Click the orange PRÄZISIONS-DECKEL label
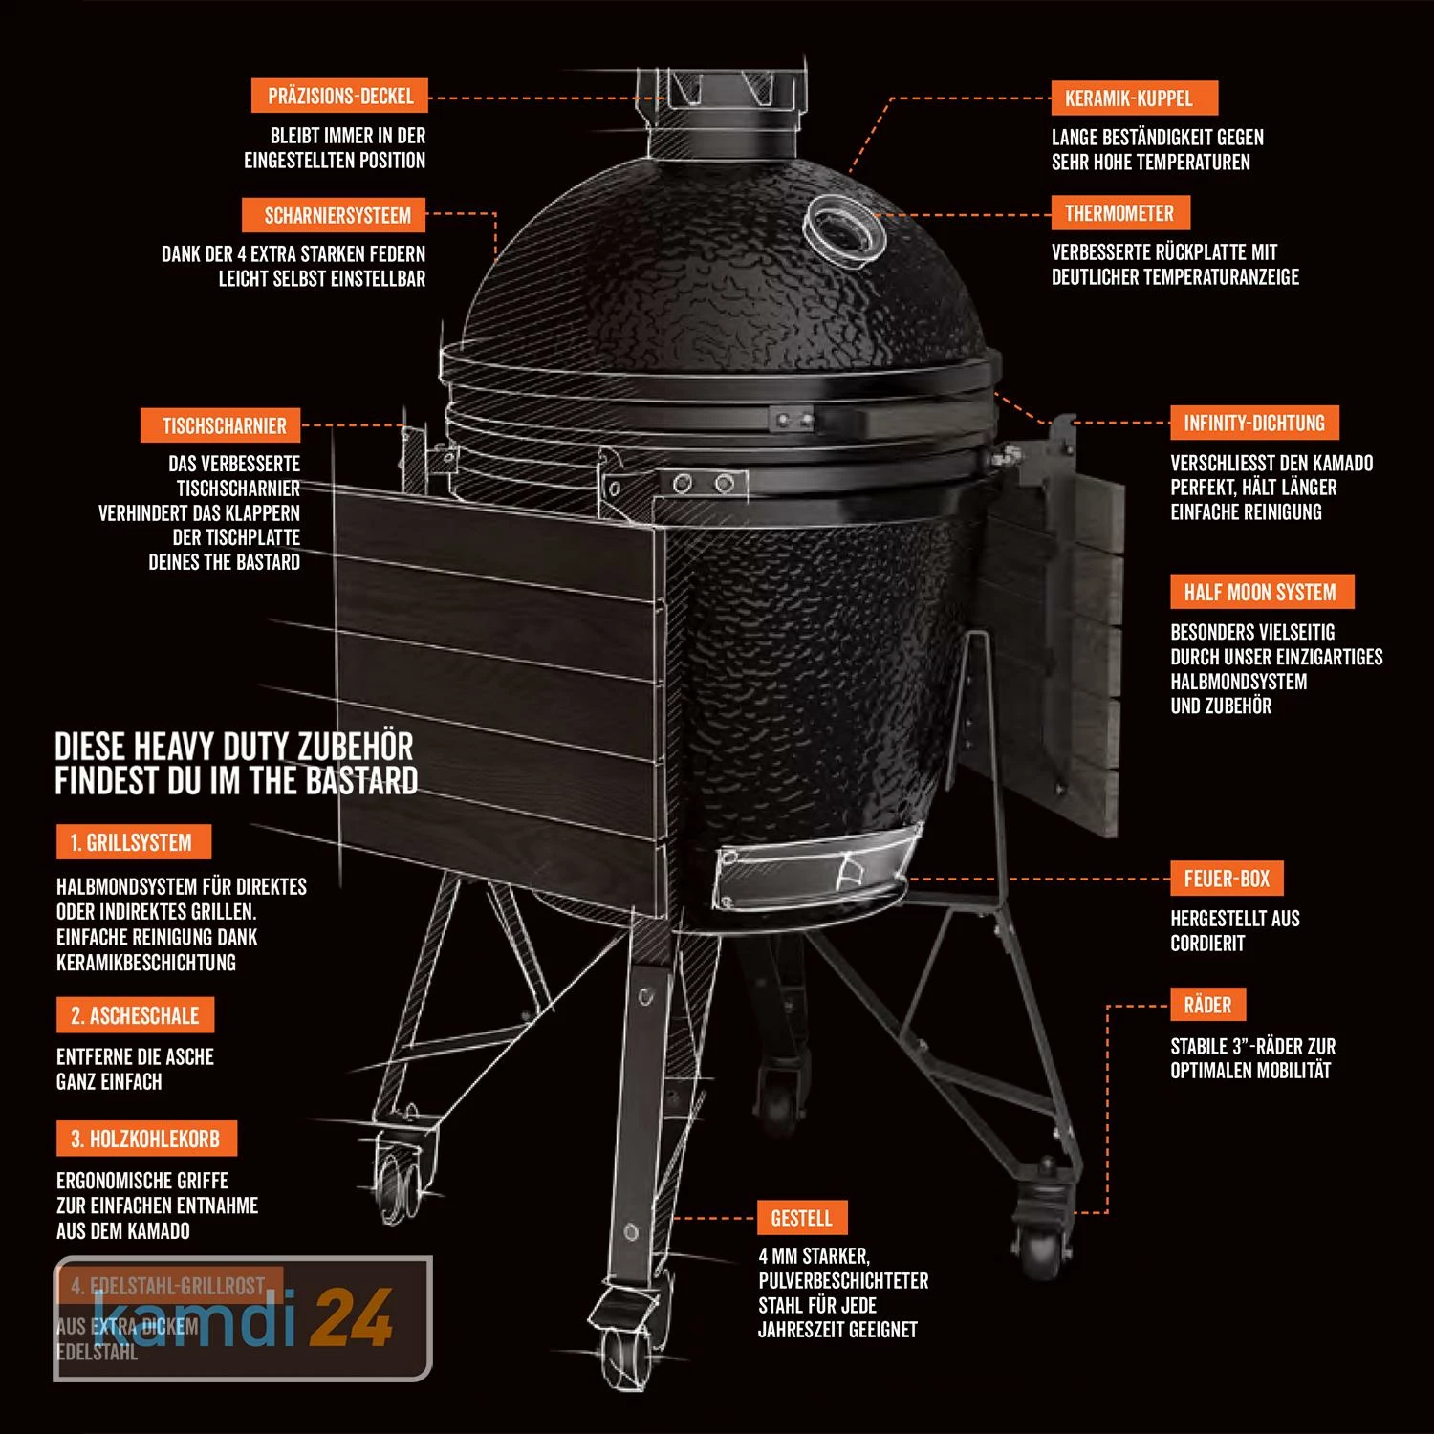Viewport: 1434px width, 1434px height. tap(339, 97)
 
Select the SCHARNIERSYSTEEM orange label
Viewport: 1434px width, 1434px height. tap(337, 216)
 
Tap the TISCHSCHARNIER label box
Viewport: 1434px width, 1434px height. tap(224, 425)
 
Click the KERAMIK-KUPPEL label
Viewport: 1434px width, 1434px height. tap(1128, 98)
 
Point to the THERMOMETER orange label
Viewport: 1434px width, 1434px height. tap(1119, 213)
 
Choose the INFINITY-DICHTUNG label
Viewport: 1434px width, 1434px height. tap(1253, 423)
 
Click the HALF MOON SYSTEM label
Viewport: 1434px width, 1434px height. tap(1259, 592)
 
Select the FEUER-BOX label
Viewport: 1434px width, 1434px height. tap(1227, 878)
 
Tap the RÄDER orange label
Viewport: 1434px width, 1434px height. tap(1207, 1005)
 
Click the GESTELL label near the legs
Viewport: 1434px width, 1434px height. tap(801, 1218)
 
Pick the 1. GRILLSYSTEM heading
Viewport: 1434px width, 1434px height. tap(132, 842)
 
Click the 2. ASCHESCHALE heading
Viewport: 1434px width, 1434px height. tap(135, 1015)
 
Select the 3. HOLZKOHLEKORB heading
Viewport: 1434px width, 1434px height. tap(145, 1139)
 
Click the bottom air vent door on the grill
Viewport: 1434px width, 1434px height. tap(813, 870)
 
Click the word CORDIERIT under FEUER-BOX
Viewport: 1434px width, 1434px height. tap(1207, 944)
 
